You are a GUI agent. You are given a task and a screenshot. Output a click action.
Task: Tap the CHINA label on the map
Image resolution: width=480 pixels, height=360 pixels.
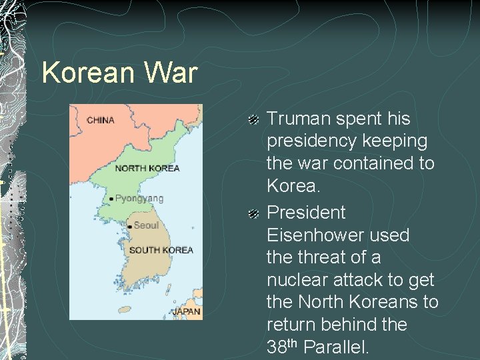pos(101,121)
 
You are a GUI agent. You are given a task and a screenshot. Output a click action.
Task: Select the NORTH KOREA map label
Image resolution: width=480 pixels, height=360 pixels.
pos(147,168)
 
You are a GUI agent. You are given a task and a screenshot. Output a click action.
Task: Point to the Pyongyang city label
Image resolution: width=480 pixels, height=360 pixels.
pos(139,198)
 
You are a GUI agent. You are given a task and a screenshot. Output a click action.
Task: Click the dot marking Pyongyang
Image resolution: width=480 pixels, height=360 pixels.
pos(111,199)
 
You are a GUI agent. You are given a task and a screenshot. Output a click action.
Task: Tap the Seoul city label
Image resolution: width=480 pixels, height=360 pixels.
pos(146,225)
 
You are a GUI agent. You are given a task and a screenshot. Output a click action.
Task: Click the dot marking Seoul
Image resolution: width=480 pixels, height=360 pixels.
pos(129,227)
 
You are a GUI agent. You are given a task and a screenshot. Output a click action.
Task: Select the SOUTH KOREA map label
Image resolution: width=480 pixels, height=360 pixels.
pos(161,250)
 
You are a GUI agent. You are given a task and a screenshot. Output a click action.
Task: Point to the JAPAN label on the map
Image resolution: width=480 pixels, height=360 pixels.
pos(186,311)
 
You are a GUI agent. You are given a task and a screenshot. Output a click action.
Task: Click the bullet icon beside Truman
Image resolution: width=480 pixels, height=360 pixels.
pos(253,120)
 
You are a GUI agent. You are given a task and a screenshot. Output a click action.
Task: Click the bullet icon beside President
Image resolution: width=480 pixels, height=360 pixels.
pos(253,214)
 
